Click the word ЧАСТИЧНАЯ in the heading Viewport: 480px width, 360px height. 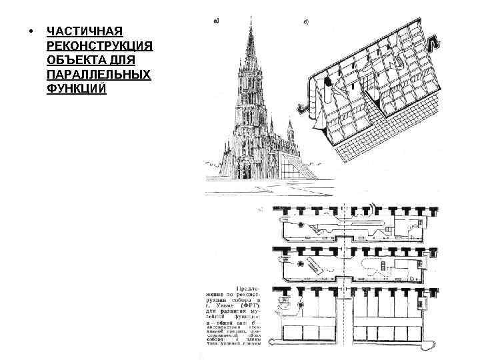(x=85, y=32)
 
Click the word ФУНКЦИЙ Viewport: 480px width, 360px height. (x=77, y=88)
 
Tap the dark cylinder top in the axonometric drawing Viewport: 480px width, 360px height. (x=328, y=83)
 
